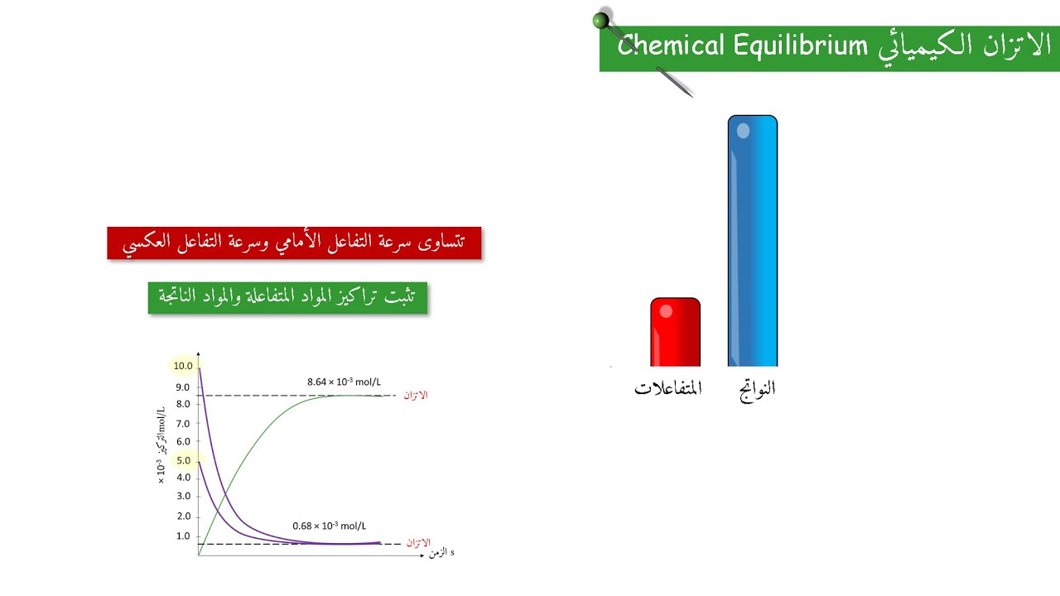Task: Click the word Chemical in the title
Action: coord(671,46)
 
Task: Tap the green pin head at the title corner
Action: coord(602,20)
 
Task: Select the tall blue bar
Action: coord(753,241)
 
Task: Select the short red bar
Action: coord(675,332)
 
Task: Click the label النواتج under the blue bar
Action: coord(757,388)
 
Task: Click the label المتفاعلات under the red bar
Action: coord(668,388)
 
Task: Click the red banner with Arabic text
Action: coord(294,243)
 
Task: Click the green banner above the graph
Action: coord(287,297)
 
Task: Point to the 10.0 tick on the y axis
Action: coord(183,366)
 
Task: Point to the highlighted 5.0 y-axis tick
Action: coord(183,460)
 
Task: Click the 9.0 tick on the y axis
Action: coord(183,387)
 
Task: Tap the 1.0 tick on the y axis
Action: coord(183,536)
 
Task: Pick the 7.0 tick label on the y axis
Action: coord(183,424)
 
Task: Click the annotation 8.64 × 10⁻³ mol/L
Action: coord(344,382)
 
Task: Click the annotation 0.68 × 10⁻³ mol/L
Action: coord(329,526)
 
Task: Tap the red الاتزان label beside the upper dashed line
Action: coord(416,395)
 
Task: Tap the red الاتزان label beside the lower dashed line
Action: coord(418,543)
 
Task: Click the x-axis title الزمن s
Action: coord(441,552)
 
